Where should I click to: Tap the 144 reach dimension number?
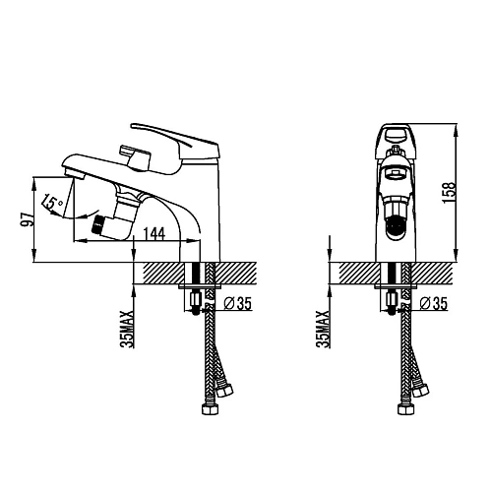154,234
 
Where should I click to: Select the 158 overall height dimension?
450,193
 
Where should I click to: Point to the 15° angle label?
52,204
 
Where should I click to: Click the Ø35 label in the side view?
238,303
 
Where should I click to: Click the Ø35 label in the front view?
434,303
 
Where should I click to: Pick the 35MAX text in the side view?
127,329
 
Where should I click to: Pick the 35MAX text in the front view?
323,329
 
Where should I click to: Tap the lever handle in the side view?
174,142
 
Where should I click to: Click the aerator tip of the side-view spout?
74,173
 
